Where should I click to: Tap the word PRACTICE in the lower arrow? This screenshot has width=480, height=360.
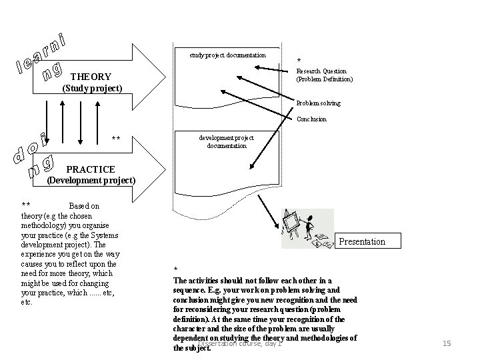click(x=91, y=170)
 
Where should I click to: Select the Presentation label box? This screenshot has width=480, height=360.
click(x=362, y=241)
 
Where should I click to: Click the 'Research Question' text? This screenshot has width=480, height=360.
click(x=321, y=71)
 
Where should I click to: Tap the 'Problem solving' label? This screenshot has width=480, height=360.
click(x=318, y=103)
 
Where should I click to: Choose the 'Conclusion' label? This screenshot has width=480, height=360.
click(x=311, y=119)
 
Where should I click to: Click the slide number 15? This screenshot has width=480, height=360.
click(x=447, y=343)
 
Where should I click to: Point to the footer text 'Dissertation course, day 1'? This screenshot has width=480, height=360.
click(x=240, y=343)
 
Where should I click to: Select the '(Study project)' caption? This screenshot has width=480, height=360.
click(x=92, y=88)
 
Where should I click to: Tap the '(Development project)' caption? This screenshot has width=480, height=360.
click(x=91, y=181)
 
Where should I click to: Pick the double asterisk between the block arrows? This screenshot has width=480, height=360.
click(x=116, y=139)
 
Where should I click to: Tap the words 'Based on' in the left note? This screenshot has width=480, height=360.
click(x=85, y=207)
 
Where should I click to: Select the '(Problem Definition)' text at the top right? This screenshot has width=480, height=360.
click(x=325, y=79)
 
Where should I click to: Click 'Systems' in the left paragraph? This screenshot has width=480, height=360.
click(x=101, y=235)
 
